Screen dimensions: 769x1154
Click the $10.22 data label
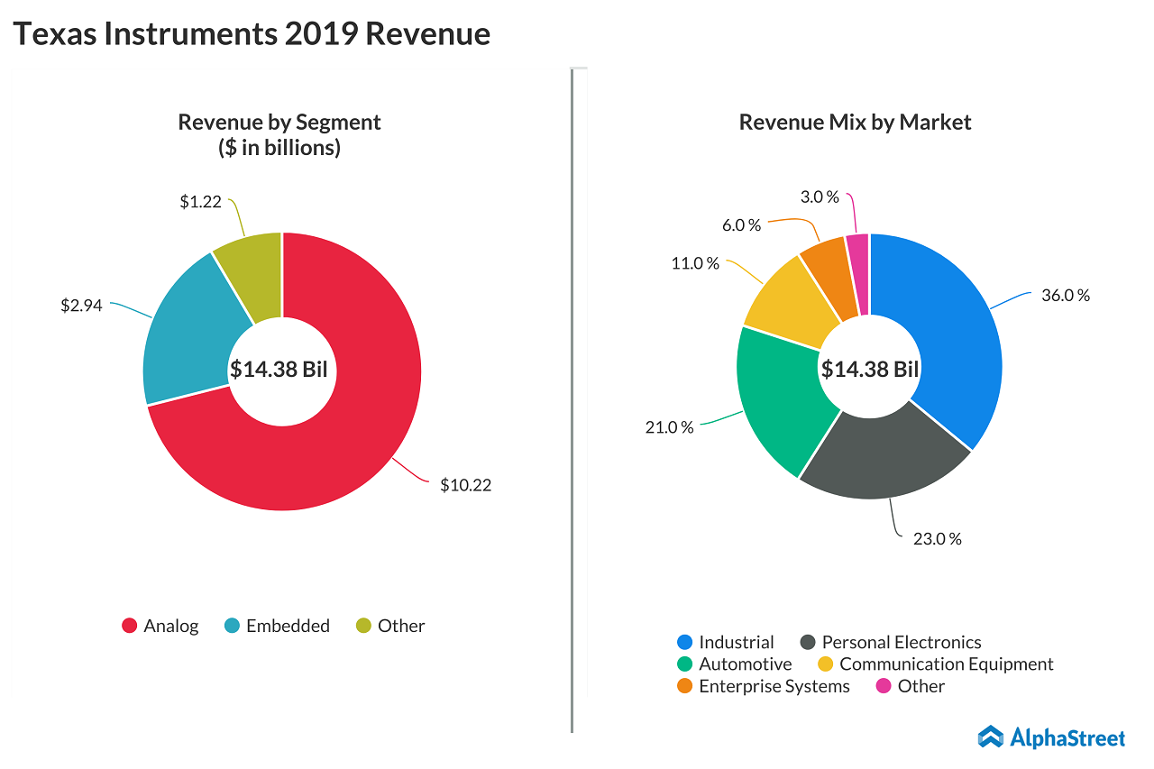[465, 485]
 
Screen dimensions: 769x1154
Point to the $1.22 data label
[200, 202]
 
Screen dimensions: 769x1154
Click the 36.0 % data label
[1066, 295]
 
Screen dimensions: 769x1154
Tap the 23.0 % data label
[938, 538]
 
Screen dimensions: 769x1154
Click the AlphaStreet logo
[1051, 737]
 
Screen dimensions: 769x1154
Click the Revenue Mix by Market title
[855, 122]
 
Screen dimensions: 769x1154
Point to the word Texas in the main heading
[54, 33]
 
